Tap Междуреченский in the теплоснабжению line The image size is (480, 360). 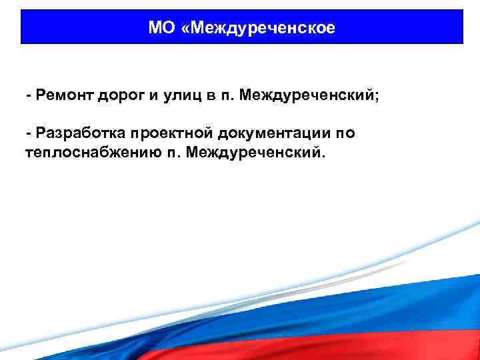(255, 153)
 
